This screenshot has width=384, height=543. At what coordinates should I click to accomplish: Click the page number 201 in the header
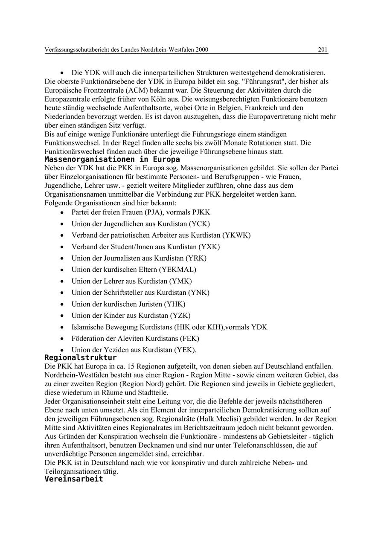pos(323,50)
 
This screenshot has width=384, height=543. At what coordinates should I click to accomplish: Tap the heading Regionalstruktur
pos(80,357)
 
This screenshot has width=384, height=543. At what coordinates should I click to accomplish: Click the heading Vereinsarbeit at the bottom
pos(74,479)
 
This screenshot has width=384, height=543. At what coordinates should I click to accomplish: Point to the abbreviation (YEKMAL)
pos(177,270)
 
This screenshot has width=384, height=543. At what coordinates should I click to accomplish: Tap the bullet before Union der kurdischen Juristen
pos(62,305)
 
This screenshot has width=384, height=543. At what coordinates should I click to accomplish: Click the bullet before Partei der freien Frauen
pos(62,212)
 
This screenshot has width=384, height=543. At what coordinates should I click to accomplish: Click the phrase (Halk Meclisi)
pos(214,419)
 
